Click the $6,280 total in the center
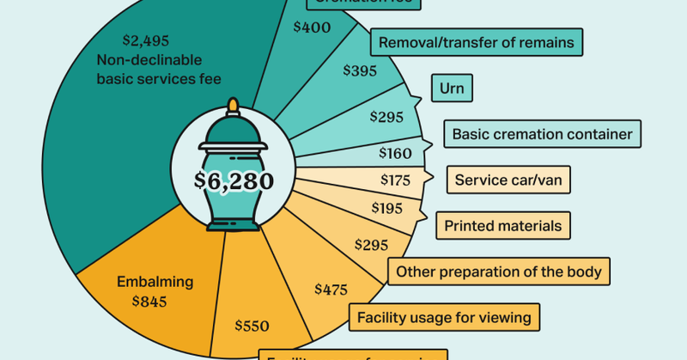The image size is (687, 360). (x=234, y=182)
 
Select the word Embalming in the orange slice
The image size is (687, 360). (x=155, y=282)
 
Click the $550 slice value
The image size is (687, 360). (x=252, y=326)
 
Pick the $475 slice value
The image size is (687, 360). (x=331, y=289)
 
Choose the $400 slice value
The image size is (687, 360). (x=311, y=27)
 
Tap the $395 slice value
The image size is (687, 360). (x=361, y=70)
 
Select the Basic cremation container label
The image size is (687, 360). (x=542, y=134)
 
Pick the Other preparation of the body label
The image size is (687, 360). (x=499, y=272)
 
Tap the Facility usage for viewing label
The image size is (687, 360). (x=444, y=318)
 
